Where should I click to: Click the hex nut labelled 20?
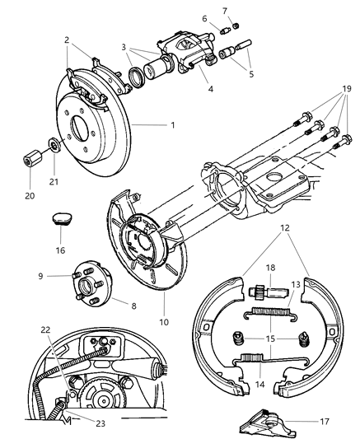click(x=31, y=154)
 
